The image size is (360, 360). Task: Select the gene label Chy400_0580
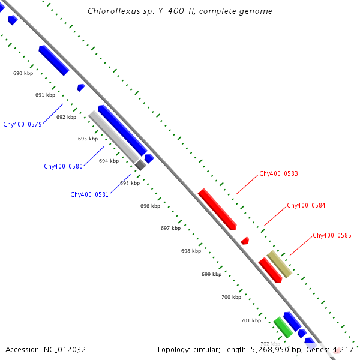pos(63,166)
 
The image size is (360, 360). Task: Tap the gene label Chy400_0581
pos(89,194)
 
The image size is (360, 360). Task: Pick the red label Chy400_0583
pos(278,174)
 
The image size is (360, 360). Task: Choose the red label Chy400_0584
pos(306,205)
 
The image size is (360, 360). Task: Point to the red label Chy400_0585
pos(332,236)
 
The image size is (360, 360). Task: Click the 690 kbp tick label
pos(23,73)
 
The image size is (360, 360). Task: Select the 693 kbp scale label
pos(88,139)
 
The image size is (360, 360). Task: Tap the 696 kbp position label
pos(150,206)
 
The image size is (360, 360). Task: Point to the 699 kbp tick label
pos(211,274)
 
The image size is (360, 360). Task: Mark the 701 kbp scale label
pos(251,320)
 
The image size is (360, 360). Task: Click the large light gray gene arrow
pos(114,137)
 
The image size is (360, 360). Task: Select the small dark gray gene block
pos(140,165)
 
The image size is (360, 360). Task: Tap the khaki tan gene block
pos(280,264)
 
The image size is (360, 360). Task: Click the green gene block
pos(283,327)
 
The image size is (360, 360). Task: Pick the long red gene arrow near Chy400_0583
pos(217,209)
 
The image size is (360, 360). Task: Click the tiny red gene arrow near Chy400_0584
pos(245,241)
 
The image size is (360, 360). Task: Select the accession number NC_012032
pos(65,349)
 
